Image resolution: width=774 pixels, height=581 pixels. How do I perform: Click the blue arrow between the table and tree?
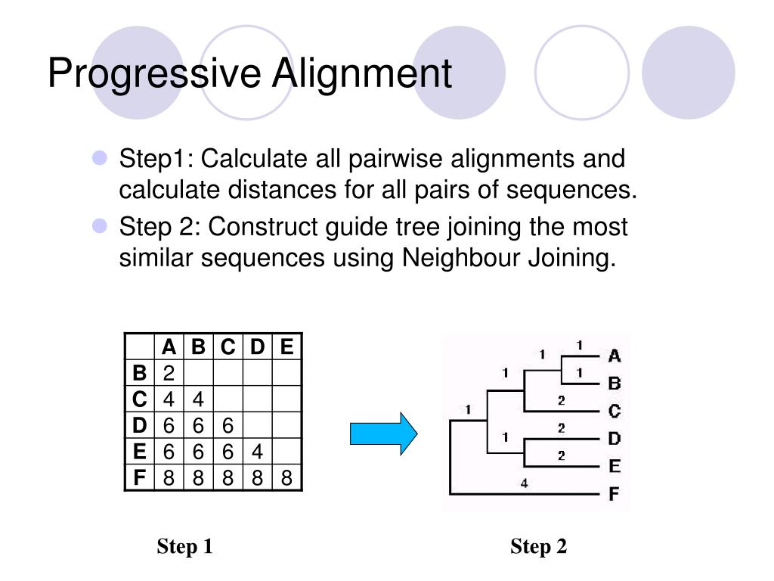pyautogui.click(x=383, y=433)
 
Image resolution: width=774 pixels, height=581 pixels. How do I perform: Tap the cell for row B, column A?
pyautogui.click(x=169, y=373)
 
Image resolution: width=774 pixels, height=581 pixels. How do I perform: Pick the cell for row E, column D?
pyautogui.click(x=258, y=452)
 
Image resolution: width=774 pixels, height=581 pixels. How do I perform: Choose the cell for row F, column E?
pyautogui.click(x=286, y=478)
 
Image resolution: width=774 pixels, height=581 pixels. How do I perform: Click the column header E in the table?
pyautogui.click(x=286, y=347)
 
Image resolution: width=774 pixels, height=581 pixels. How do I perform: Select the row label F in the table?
pyautogui.click(x=139, y=478)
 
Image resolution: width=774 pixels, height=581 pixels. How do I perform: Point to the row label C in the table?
pyautogui.click(x=139, y=399)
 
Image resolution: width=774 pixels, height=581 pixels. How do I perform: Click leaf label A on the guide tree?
pyautogui.click(x=615, y=356)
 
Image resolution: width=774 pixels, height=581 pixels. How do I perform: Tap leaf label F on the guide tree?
pyautogui.click(x=614, y=496)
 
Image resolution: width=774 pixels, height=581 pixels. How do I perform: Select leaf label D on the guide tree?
pyautogui.click(x=615, y=439)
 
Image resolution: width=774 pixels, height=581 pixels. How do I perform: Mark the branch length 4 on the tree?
pyautogui.click(x=523, y=483)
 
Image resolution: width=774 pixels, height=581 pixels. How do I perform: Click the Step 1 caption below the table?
pyautogui.click(x=185, y=546)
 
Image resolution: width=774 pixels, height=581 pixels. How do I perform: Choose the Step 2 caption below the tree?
pyautogui.click(x=538, y=546)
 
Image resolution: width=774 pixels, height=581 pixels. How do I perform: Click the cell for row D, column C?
pyautogui.click(x=228, y=425)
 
